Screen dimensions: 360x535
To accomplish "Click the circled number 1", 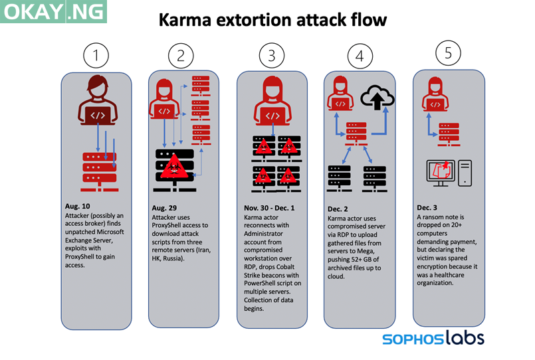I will [97, 55].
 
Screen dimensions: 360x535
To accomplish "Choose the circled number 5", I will [449, 52].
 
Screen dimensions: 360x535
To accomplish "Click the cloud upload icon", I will [377, 100].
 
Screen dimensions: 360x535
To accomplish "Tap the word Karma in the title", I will [187, 21].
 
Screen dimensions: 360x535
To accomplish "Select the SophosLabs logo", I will [433, 338].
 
